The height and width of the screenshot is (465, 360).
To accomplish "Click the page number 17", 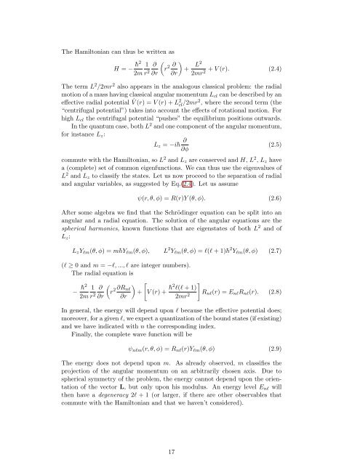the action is point(180,446).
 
